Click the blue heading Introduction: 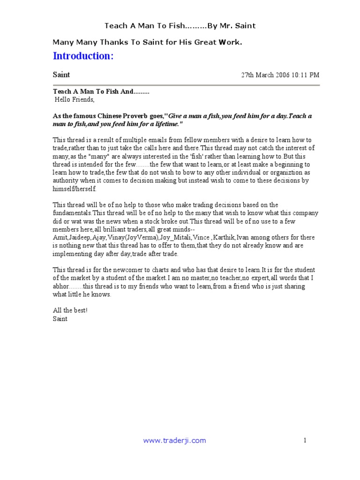[83, 56]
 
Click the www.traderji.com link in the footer [174, 440]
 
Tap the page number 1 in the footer [305, 440]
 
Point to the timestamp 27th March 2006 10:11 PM [280, 75]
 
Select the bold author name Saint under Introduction [61, 75]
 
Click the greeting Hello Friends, [75, 100]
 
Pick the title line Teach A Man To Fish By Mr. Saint [180, 26]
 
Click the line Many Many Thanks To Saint [147, 43]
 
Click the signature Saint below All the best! [60, 319]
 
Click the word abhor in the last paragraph [61, 286]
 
